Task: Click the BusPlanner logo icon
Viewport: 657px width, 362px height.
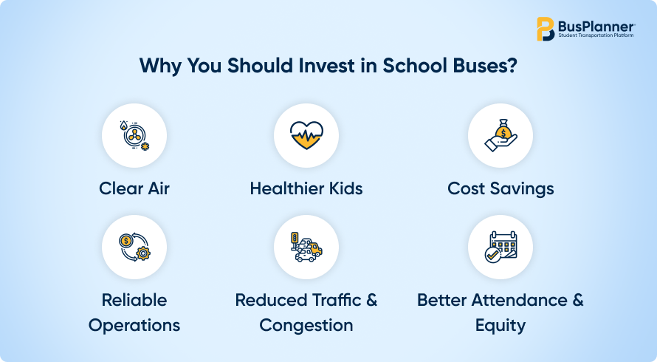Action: [546, 29]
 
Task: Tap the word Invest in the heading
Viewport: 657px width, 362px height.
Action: [326, 66]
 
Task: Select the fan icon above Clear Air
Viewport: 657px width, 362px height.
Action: [134, 135]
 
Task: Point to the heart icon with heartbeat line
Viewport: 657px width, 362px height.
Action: [306, 135]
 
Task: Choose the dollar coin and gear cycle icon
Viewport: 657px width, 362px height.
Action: [134, 247]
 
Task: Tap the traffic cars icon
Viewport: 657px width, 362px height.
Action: [306, 247]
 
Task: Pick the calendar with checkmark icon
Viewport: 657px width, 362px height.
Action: [501, 247]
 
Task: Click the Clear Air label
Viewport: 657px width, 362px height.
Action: [134, 189]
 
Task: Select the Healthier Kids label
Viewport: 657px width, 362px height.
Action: [306, 189]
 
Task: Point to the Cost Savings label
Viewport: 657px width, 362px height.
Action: [501, 189]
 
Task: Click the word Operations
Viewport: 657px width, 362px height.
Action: [134, 326]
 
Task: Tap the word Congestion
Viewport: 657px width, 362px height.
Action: [306, 326]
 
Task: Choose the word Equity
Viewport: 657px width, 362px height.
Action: [501, 326]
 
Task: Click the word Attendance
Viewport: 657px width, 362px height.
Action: [520, 301]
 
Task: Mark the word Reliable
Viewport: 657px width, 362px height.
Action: [134, 301]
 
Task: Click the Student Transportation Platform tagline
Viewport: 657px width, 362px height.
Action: [596, 35]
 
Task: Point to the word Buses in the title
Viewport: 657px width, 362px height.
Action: [477, 66]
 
